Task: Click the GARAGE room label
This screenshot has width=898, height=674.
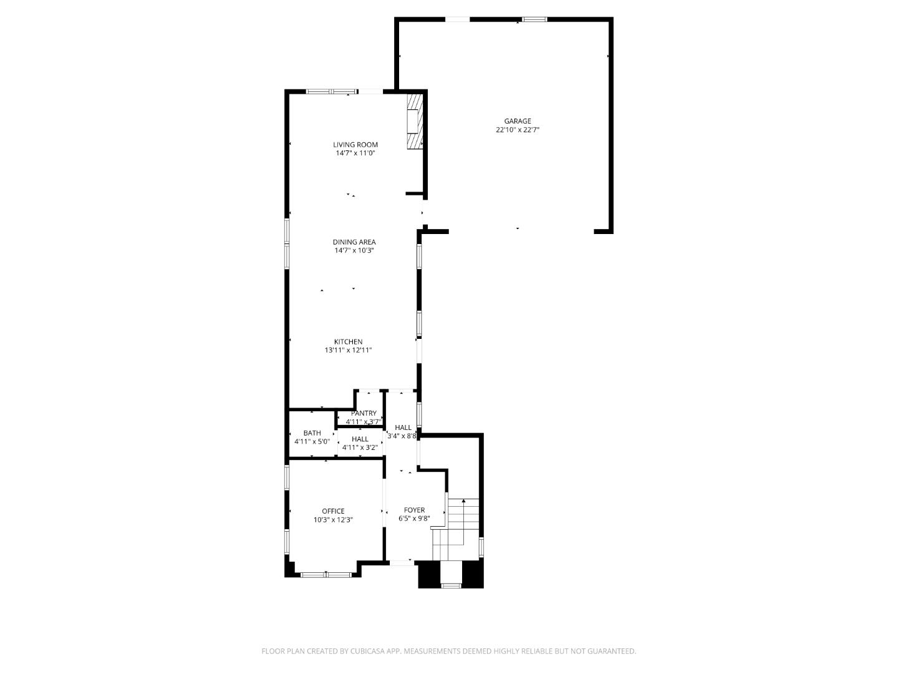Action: click(518, 121)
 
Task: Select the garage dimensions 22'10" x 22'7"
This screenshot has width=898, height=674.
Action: click(518, 130)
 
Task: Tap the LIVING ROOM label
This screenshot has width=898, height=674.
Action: click(355, 145)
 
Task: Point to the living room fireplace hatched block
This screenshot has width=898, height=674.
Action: click(415, 122)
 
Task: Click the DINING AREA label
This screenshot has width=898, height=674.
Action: click(354, 242)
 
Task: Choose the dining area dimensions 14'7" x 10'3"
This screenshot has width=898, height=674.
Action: click(354, 251)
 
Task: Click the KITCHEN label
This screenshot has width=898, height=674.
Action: click(348, 342)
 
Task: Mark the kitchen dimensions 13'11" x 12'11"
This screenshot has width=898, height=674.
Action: click(348, 351)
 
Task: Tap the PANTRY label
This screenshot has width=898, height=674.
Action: click(364, 413)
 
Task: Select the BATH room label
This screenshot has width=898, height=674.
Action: click(312, 433)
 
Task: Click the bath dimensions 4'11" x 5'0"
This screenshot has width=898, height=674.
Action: click(312, 442)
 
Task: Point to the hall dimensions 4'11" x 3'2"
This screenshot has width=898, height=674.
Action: click(360, 447)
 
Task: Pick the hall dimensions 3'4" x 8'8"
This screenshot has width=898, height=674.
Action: click(402, 436)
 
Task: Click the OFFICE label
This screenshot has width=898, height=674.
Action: click(333, 511)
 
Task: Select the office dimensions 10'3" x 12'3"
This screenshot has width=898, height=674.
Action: click(333, 520)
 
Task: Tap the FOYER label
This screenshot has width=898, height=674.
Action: click(414, 510)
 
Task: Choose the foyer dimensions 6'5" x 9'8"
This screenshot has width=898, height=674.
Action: click(414, 519)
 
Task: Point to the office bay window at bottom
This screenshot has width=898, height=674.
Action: click(326, 574)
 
